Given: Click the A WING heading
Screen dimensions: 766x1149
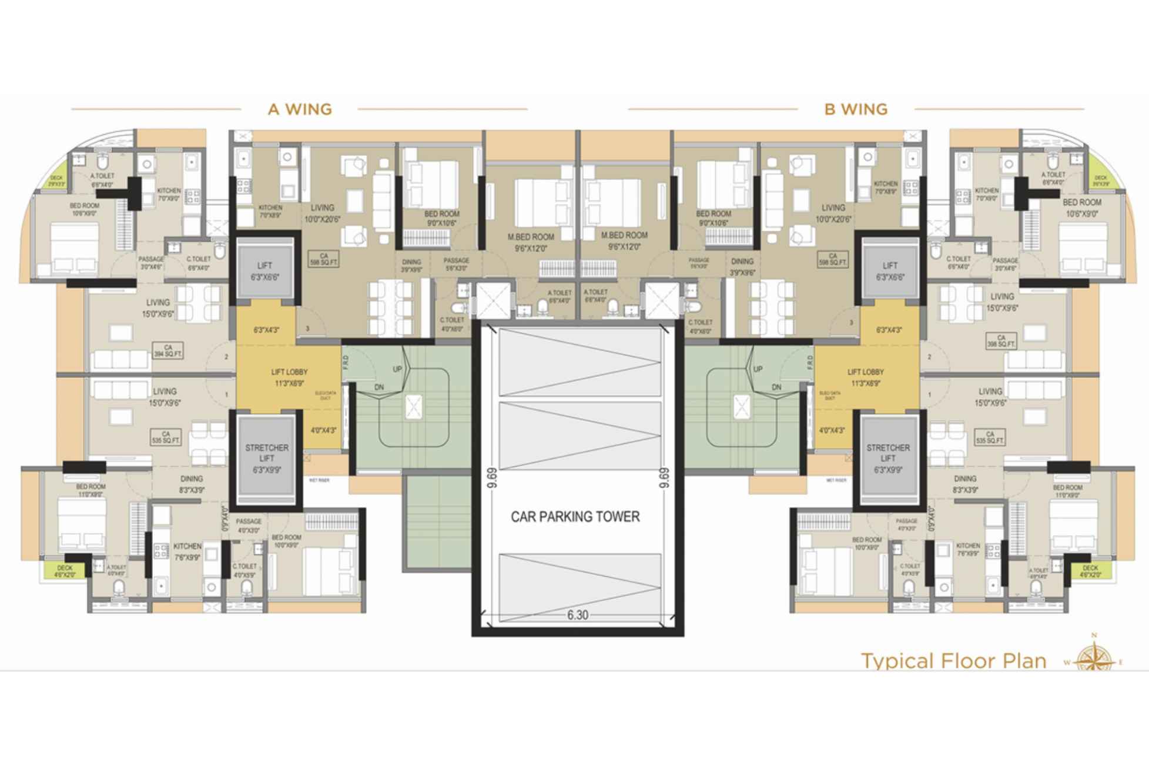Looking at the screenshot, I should pyautogui.click(x=300, y=109).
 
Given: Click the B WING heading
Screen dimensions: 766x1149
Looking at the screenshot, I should pyautogui.click(x=856, y=109).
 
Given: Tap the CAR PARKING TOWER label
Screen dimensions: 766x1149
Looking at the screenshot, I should pyautogui.click(x=575, y=517).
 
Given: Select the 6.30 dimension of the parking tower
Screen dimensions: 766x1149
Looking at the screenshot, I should pyautogui.click(x=577, y=615).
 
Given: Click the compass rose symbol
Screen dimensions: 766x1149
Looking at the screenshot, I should pyautogui.click(x=1094, y=657).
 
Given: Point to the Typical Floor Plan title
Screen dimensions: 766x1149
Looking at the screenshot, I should pyautogui.click(x=953, y=661).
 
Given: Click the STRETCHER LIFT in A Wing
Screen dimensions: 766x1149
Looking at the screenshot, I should pyautogui.click(x=266, y=459).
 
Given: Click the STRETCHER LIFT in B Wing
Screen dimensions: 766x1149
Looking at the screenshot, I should pyautogui.click(x=887, y=459).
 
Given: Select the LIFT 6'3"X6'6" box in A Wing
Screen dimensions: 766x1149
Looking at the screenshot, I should pyautogui.click(x=264, y=271).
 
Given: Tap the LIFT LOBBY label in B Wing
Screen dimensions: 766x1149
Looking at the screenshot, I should pyautogui.click(x=865, y=377).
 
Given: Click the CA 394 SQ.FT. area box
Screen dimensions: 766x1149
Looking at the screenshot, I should pyautogui.click(x=168, y=351).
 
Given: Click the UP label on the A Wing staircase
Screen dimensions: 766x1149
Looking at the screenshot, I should pyautogui.click(x=397, y=369).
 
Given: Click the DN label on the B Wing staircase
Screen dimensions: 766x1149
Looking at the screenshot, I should pyautogui.click(x=776, y=387).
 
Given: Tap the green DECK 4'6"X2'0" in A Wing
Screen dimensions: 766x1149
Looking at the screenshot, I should pyautogui.click(x=65, y=571).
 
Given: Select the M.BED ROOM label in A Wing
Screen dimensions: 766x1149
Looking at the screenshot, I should pyautogui.click(x=531, y=242).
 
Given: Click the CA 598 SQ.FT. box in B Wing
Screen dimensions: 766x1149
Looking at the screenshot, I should pyautogui.click(x=832, y=259).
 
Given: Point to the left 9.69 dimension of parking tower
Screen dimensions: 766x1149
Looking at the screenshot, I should pyautogui.click(x=492, y=477).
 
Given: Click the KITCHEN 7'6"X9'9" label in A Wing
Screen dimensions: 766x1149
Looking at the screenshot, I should pyautogui.click(x=187, y=551).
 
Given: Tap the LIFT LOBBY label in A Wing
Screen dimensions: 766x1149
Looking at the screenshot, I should pyautogui.click(x=289, y=377).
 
